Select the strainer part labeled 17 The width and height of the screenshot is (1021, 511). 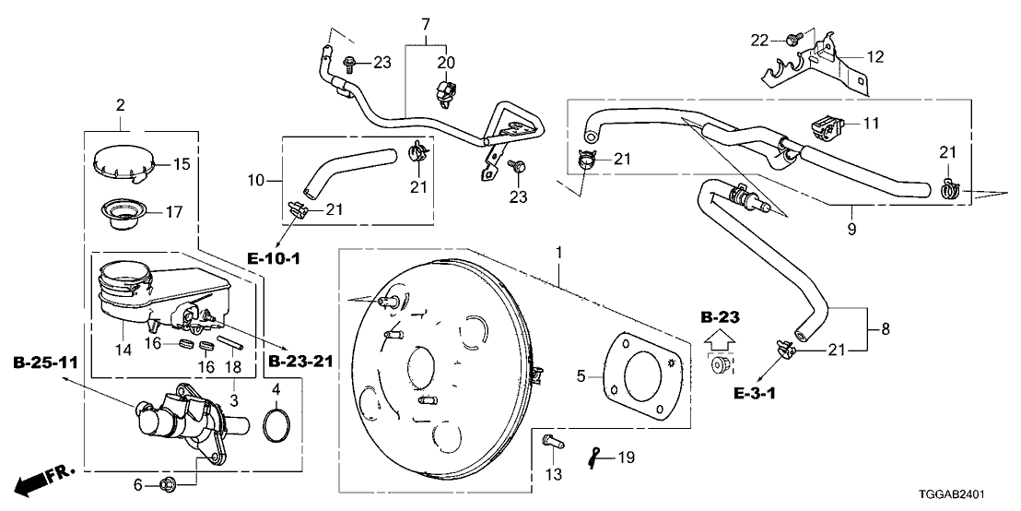(121, 214)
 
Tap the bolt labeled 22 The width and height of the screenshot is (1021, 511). (792, 39)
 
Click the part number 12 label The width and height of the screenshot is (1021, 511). (874, 57)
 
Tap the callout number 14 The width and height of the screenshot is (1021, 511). (123, 351)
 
